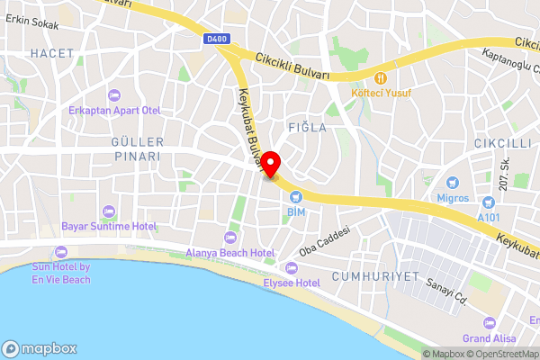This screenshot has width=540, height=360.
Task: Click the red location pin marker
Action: (x=270, y=166)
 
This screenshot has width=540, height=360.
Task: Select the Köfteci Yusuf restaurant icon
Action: (x=382, y=78)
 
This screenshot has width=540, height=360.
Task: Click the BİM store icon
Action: (x=293, y=196)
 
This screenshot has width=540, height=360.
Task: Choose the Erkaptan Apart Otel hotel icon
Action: (x=113, y=95)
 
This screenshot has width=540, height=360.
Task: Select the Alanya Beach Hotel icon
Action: (x=229, y=238)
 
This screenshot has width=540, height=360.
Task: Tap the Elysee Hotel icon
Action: (x=291, y=268)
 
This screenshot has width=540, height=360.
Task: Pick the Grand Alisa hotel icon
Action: (x=490, y=322)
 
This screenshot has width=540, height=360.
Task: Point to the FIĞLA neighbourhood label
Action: (x=307, y=128)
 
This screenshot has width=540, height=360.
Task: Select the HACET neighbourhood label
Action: (x=52, y=54)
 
